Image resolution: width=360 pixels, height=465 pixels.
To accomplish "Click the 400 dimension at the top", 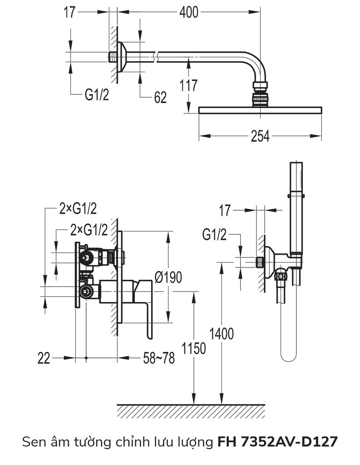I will click(x=188, y=13).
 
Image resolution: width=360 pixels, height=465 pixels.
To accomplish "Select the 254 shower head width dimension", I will click(x=260, y=136).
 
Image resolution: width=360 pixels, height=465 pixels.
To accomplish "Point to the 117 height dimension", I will click(x=188, y=85).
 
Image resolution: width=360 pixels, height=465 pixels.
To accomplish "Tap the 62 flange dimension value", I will click(x=160, y=97).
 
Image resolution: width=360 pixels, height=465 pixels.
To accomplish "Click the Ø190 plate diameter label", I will click(x=168, y=277).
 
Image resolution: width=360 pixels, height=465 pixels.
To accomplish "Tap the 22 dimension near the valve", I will click(x=44, y=358).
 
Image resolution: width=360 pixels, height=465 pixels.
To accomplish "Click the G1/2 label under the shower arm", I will click(x=98, y=94).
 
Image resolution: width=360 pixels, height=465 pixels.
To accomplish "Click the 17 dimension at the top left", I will click(x=69, y=13).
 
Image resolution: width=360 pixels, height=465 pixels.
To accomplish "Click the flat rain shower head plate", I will click(x=260, y=110).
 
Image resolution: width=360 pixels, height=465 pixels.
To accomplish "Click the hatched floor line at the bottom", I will click(x=191, y=411).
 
